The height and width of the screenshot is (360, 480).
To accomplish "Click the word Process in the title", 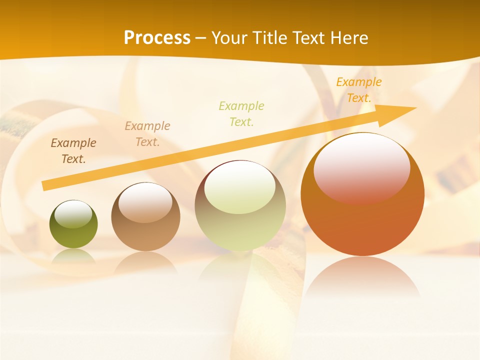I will pos(157,37).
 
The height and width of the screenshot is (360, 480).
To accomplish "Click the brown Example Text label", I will pos(73,151).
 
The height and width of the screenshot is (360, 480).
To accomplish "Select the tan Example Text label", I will pos(147,134).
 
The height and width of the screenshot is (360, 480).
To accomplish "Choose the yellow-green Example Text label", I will pos(241,113).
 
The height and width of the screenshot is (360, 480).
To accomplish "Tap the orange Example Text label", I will pos(358,90).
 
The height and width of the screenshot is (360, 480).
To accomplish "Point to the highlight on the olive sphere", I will pos(73,214).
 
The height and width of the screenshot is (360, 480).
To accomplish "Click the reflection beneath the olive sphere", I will pos(73,256).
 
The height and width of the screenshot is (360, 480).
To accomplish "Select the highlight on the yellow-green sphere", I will pos(240,187).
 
